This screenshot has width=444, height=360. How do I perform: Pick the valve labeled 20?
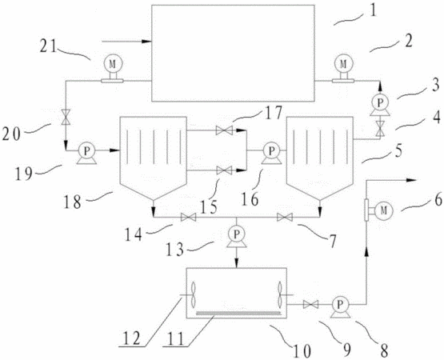[x=66, y=117]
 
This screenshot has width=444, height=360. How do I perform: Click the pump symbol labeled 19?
[x=86, y=154]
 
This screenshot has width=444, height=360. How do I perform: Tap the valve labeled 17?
[x=224, y=130]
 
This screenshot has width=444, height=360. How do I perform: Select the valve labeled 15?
[x=224, y=170]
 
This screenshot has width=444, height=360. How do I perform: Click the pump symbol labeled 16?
[x=271, y=154]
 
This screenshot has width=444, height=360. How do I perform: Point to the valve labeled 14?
[x=188, y=218]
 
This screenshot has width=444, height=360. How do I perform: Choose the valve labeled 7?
[x=285, y=218]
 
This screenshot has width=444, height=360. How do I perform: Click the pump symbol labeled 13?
[x=237, y=237]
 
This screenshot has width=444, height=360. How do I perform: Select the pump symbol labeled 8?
[x=340, y=306]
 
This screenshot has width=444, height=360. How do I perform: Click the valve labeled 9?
[x=310, y=305]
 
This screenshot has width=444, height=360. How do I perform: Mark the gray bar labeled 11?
[x=238, y=313]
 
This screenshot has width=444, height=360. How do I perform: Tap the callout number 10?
[x=302, y=350]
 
